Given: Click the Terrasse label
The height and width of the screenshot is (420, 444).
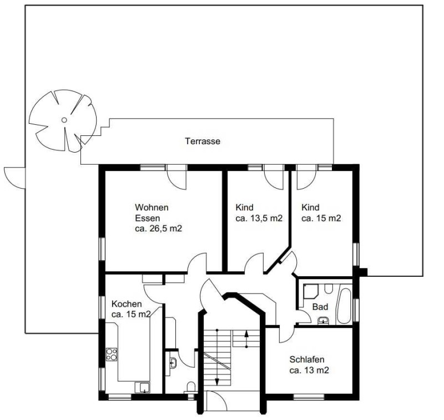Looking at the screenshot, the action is tap(203, 141).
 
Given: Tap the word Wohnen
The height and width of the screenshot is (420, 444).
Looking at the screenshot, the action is tap(152, 208).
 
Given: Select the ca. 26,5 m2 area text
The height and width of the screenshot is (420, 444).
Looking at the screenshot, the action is tap(159, 229).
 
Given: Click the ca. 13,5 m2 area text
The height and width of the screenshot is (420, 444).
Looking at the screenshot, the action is tap(259, 218).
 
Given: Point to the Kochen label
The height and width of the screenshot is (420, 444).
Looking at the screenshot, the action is tap(127, 304).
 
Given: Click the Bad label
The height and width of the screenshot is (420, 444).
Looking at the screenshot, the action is tap(320, 307).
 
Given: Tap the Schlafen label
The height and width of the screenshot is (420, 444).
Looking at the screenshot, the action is tap(307, 360).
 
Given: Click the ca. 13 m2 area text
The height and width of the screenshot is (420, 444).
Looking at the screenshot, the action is tap(309, 370).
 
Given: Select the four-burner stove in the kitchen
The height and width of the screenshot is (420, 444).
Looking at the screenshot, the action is tap(112, 355).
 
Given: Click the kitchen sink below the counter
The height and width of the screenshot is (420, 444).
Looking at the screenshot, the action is tap(143, 387).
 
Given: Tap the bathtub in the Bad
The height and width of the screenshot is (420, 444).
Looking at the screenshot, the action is tap(344, 306).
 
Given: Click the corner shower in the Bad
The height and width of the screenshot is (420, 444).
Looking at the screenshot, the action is tap(311, 291).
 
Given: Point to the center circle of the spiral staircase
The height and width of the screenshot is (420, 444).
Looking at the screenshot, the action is tap(64, 120).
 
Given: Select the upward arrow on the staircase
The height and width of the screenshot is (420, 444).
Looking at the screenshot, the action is tap(246, 339).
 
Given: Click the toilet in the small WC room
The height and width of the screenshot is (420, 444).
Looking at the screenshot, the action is tap(191, 387).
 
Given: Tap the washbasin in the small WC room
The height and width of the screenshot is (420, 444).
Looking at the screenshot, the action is tap(173, 362).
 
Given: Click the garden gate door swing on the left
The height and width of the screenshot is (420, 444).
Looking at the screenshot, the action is tap(15, 178).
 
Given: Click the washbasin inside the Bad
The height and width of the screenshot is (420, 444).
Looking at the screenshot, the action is tap(323, 321).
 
